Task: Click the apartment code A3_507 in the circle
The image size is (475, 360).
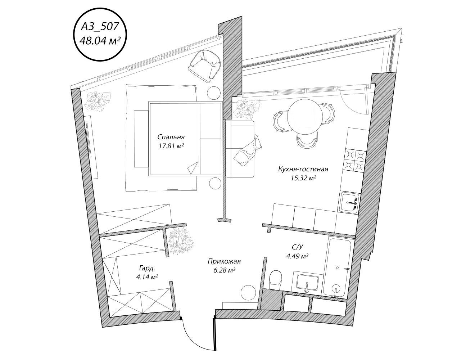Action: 100,26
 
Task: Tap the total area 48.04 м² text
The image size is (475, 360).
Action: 100,41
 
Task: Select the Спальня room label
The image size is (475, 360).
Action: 171,137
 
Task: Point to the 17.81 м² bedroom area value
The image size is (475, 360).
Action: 171,146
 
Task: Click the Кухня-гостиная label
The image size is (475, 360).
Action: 303,169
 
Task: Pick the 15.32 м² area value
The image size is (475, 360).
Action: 303,178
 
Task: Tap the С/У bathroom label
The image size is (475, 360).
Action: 298,247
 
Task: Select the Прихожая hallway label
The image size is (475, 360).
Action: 224,261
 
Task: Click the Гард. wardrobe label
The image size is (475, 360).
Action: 147,269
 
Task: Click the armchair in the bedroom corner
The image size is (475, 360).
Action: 204,66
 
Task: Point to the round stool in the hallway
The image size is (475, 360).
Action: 248,292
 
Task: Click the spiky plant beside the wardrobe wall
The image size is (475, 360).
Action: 181,240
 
